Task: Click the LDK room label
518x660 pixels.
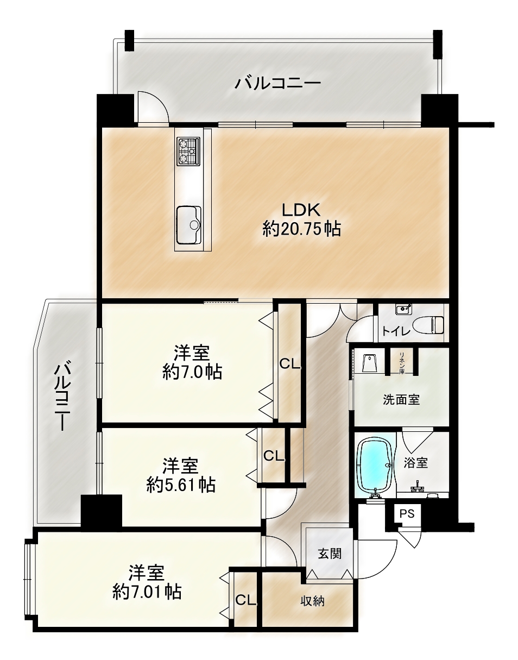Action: (x=301, y=210)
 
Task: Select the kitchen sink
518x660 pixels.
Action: (x=189, y=225)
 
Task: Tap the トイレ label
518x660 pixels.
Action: (x=395, y=331)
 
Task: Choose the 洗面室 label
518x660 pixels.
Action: (x=401, y=400)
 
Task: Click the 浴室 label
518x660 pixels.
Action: (x=415, y=462)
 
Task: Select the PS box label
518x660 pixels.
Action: (x=407, y=513)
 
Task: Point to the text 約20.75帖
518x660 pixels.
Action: (x=301, y=229)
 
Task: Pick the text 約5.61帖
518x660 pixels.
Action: (x=181, y=485)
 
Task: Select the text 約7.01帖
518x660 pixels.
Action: (x=147, y=592)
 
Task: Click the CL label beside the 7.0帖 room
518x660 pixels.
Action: (x=290, y=363)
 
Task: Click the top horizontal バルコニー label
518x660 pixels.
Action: (x=277, y=83)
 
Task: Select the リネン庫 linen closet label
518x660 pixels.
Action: (x=401, y=363)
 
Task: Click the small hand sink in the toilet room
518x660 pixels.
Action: (x=403, y=309)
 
